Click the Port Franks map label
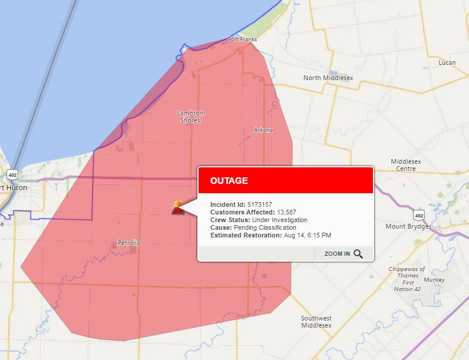click(x=242, y=40)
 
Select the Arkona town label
click(x=263, y=130)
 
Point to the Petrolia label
click(x=129, y=243)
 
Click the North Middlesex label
click(x=330, y=78)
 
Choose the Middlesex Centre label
click(x=403, y=165)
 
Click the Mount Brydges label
click(x=408, y=226)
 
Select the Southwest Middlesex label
click(x=316, y=322)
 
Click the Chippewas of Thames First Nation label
click(x=407, y=279)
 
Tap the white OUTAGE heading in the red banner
click(x=229, y=181)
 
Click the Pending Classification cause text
click(x=265, y=227)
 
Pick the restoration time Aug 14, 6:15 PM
click(x=307, y=235)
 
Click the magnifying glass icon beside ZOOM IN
click(x=358, y=254)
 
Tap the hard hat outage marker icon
click(x=177, y=207)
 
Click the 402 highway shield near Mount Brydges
click(x=418, y=214)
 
